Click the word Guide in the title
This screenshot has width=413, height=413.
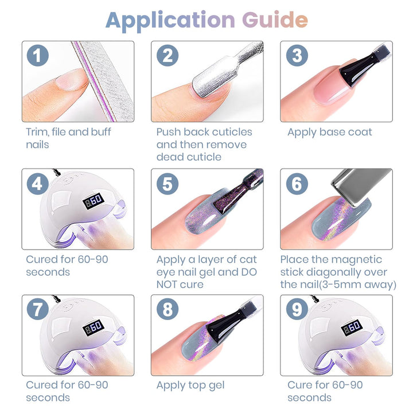[275, 20]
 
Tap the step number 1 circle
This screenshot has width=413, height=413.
[38, 55]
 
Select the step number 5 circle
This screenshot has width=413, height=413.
[167, 184]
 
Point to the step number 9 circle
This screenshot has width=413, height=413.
[297, 309]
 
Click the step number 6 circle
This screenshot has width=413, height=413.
[297, 184]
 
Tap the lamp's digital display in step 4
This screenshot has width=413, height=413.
[93, 201]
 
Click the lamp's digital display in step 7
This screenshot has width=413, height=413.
[93, 328]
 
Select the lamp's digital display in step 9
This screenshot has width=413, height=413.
[352, 328]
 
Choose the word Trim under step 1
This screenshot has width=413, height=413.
[37, 132]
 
